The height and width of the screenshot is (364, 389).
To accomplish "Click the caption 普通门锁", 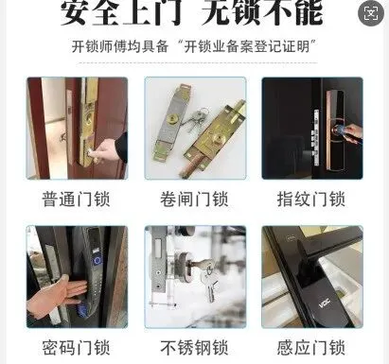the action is click(x=76, y=199).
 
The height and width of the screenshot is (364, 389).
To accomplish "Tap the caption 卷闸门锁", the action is click(x=194, y=199).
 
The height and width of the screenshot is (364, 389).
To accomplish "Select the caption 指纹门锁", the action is click(x=311, y=199).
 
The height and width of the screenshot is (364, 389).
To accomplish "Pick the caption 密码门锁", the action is click(x=76, y=348).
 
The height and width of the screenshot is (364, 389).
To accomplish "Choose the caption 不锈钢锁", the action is click(x=194, y=348).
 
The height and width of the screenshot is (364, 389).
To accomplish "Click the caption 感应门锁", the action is click(x=311, y=348).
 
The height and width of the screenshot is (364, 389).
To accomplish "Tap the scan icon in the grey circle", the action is click(x=371, y=13).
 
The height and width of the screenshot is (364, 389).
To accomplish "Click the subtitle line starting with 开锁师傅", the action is click(x=194, y=47).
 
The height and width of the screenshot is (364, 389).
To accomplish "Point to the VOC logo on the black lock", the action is click(x=324, y=303).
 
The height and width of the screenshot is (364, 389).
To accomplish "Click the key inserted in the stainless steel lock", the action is click(x=206, y=277).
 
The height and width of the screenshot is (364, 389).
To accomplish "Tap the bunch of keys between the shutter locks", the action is click(x=195, y=120).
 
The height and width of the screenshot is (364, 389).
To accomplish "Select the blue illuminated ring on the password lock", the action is click(x=97, y=261).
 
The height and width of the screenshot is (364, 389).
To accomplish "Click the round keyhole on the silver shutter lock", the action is click(x=173, y=119).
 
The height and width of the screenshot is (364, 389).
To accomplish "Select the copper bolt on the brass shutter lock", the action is click(x=190, y=165).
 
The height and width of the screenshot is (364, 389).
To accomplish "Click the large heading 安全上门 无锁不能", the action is click(x=192, y=12).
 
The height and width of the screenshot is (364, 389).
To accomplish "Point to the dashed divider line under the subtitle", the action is click(x=198, y=63).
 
